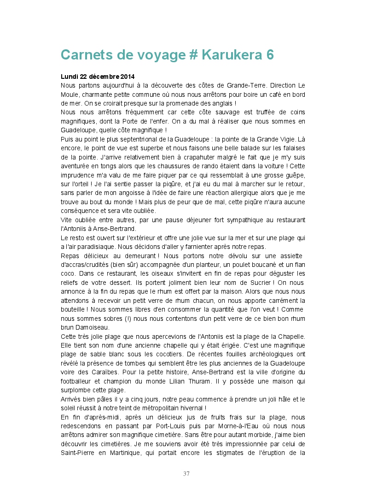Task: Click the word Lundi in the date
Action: pos(69,77)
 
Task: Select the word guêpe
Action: pos(294,175)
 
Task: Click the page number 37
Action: pos(186,473)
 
